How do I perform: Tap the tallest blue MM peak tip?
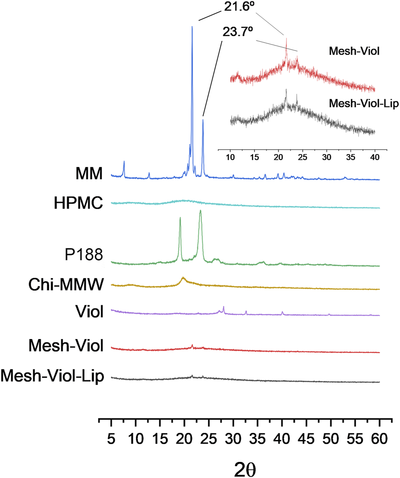[x=192, y=27]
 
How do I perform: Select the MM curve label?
[x=89, y=175]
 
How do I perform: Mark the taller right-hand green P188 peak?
[x=200, y=211]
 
